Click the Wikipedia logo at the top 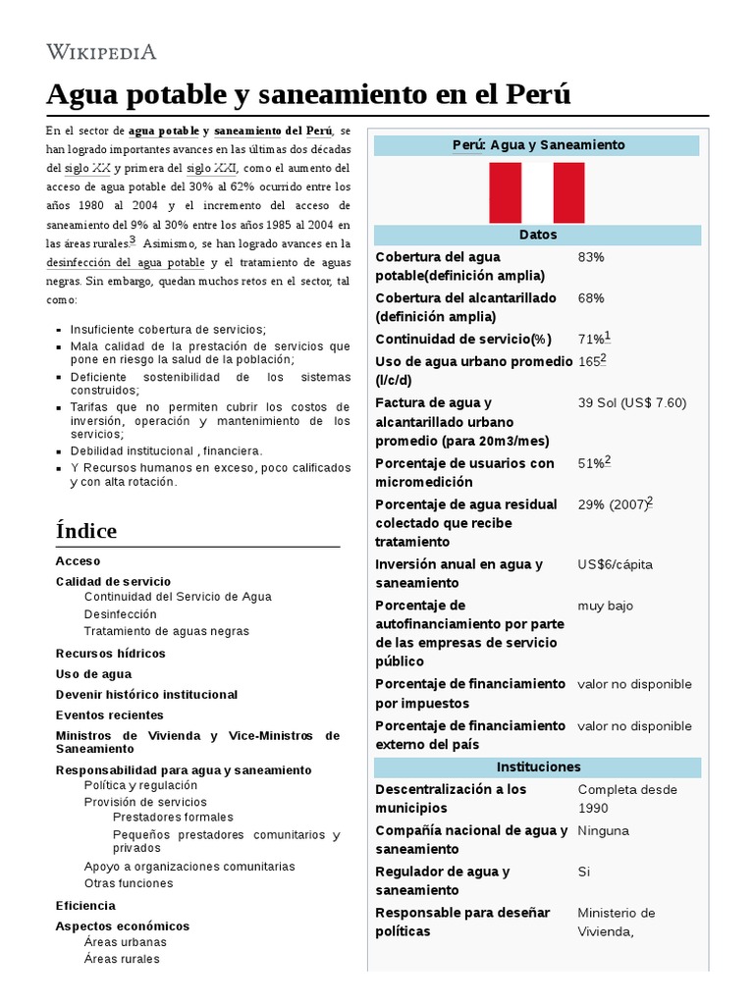coord(101,51)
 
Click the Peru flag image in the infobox coord(536,192)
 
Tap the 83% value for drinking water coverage coord(591,257)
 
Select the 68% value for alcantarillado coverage coord(591,298)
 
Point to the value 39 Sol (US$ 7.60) coord(631,403)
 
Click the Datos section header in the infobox coord(537,236)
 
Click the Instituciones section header coord(537,767)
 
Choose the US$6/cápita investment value coord(615,564)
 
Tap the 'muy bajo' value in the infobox coord(605,606)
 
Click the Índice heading coord(86,531)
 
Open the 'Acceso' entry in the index coord(79,561)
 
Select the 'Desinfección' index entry coord(121,614)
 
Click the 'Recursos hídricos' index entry coord(111,654)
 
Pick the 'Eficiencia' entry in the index coord(85,906)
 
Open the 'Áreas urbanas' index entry coord(126,942)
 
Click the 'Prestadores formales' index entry coord(173,818)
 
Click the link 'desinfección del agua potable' coord(126,263)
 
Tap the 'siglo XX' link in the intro coord(87,168)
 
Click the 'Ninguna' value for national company coord(604,831)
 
